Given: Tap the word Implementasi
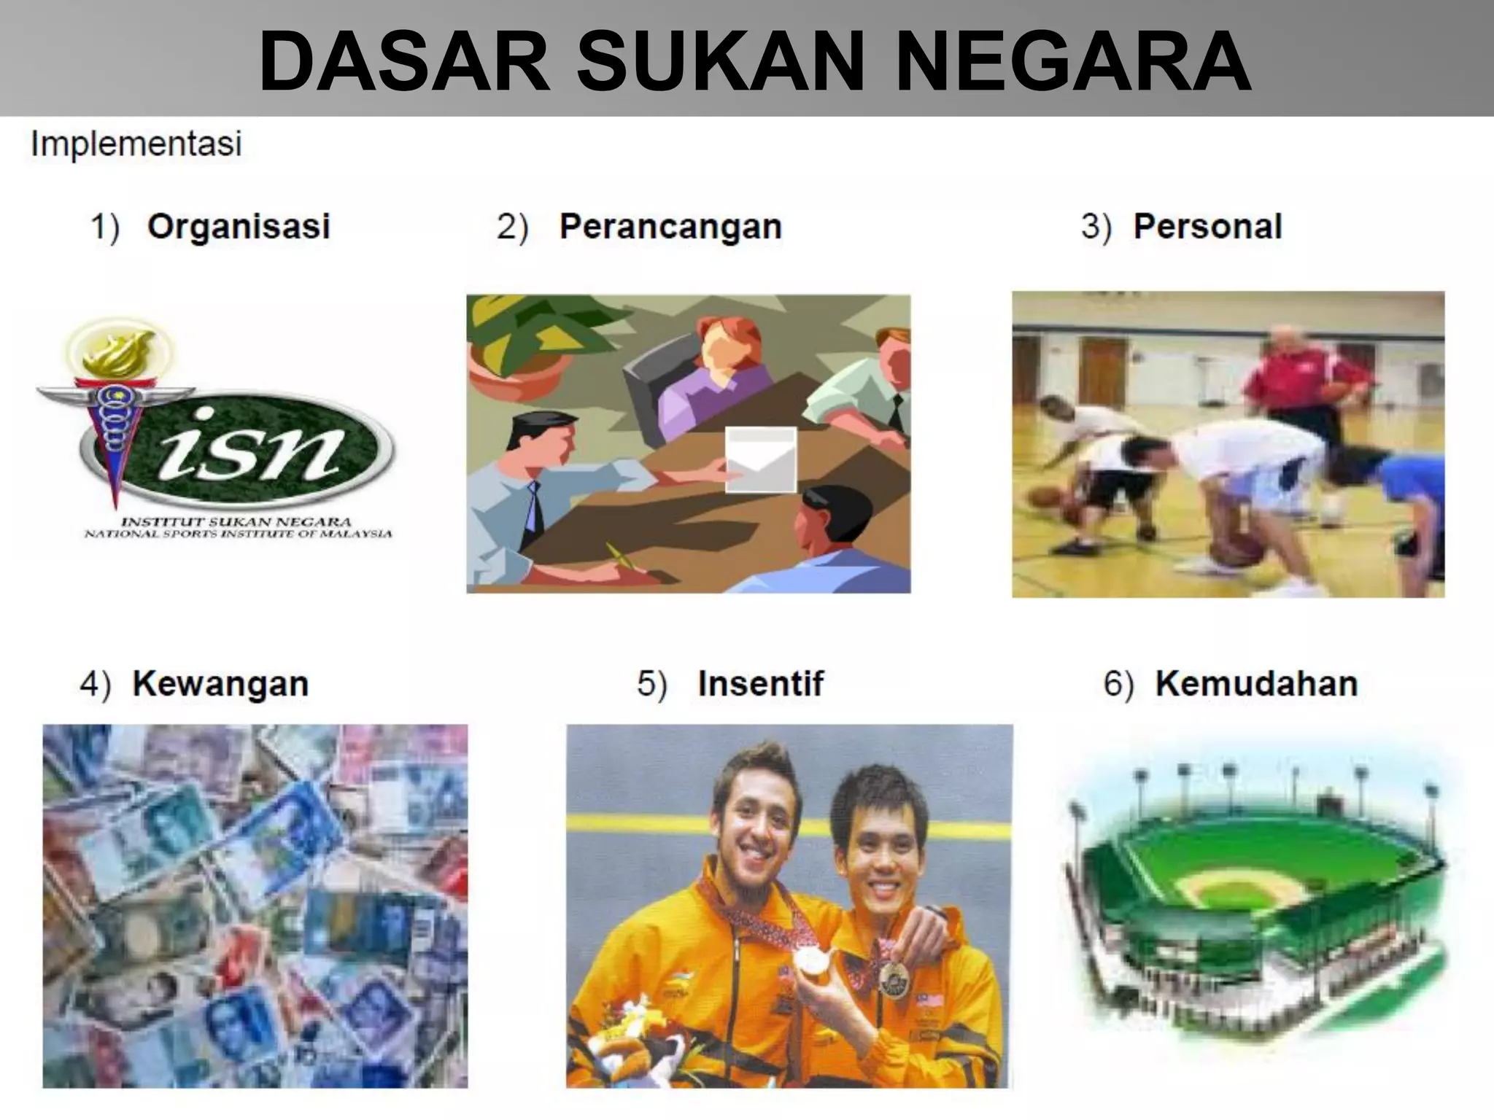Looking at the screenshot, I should pos(136,144).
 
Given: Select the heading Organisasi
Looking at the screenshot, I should pos(239,226).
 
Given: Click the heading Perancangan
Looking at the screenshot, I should pos(670,226).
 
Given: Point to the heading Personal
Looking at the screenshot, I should pos(1207,226).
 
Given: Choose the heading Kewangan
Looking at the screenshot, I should pos(220,684).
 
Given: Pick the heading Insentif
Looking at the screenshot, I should pos(760,684).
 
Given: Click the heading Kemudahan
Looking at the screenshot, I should pos(1256,684).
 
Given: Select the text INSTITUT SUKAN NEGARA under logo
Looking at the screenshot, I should pos(236,522).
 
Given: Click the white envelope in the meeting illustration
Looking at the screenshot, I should pos(761,459).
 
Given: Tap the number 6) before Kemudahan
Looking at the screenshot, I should pos(1118,684).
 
